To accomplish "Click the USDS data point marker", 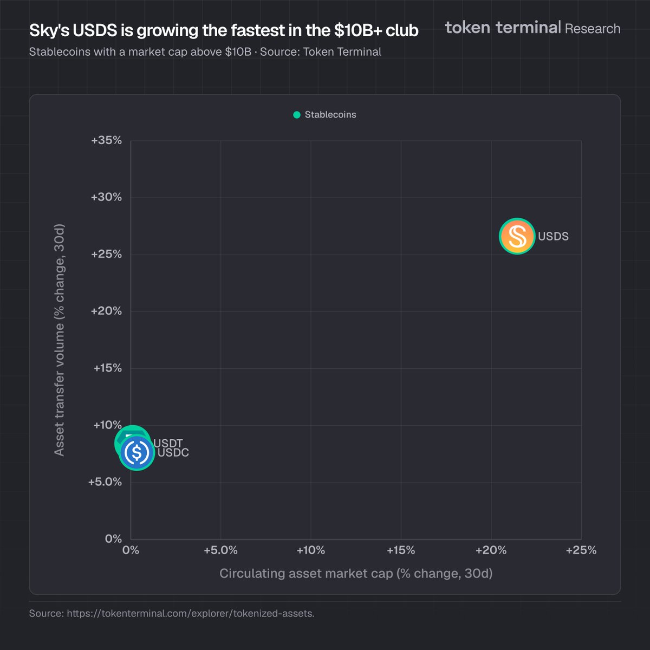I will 517,236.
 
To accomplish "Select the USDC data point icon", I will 137,452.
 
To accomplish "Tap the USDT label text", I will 168,444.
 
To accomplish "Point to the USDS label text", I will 553,237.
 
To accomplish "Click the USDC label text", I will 174,453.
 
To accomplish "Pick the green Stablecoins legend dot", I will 297,115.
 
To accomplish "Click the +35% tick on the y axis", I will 107,140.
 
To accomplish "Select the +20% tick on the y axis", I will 107,311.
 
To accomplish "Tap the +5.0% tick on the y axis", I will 105,482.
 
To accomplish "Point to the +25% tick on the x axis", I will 581,550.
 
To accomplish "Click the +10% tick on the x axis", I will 311,550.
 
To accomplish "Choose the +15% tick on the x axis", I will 401,550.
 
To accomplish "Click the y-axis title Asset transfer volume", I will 60,340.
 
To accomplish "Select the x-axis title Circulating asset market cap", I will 356,573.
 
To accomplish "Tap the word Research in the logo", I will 593,29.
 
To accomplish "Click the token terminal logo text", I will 503,27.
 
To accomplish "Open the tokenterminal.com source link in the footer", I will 190,614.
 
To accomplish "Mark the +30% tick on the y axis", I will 107,197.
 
